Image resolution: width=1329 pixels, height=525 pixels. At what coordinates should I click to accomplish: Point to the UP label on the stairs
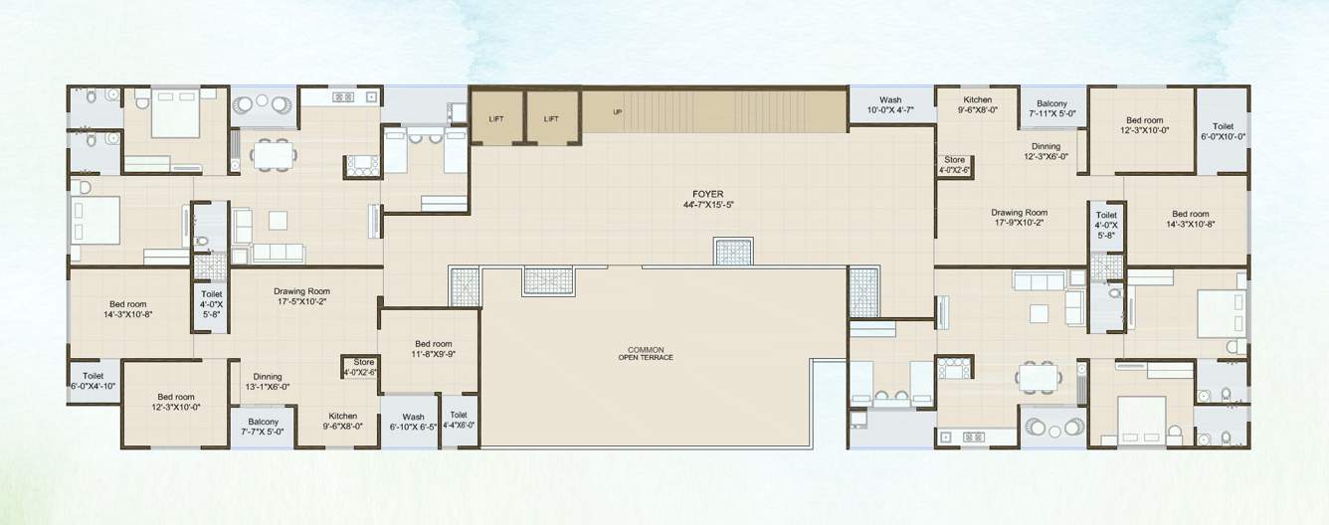[x=617, y=112]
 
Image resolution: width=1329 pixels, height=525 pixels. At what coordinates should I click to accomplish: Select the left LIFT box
[x=495, y=119]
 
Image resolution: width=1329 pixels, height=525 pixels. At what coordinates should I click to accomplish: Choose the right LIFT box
[x=551, y=119]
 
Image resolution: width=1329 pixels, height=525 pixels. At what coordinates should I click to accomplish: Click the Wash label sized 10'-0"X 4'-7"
[x=890, y=104]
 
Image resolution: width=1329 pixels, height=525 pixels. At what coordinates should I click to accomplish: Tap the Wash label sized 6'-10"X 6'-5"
[x=413, y=422]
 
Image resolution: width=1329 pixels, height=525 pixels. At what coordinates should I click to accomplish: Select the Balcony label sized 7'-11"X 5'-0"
[x=1051, y=109]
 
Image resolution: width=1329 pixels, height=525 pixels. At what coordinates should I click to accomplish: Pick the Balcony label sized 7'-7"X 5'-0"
[x=264, y=427]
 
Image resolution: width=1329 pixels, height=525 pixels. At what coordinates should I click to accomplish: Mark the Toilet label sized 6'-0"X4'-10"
[x=94, y=381]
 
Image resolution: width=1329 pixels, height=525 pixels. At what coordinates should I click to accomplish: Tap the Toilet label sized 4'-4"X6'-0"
[x=458, y=420]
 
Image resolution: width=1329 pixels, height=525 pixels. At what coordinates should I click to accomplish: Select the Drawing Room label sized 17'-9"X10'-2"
[x=1019, y=218]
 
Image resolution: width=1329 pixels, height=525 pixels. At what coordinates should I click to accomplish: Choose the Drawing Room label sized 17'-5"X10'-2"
[x=301, y=295]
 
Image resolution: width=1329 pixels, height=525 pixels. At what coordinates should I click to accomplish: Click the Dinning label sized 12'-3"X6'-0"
[x=1045, y=151]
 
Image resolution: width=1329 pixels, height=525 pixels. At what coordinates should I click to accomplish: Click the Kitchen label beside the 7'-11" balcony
[x=977, y=104]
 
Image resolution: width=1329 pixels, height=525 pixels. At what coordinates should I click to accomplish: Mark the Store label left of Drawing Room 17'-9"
[x=954, y=164]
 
